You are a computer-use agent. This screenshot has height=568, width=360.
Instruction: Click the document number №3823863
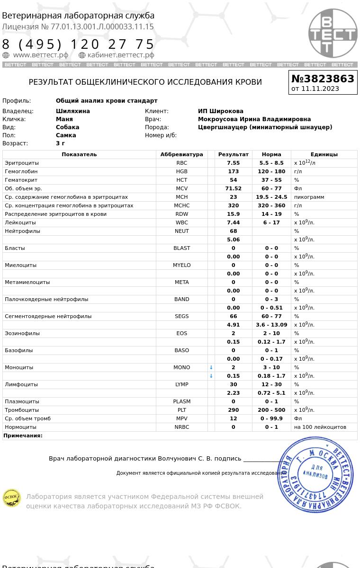(x=323, y=79)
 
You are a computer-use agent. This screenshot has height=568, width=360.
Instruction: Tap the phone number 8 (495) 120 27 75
(x=79, y=44)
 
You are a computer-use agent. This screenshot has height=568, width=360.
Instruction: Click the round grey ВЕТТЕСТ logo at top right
(x=333, y=33)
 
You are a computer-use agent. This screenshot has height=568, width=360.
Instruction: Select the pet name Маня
(x=64, y=119)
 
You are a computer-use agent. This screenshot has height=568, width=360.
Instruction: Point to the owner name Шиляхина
(x=73, y=111)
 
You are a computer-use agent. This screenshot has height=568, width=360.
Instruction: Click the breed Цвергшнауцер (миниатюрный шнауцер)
(x=265, y=127)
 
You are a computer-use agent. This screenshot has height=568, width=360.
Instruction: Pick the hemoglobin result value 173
(x=233, y=171)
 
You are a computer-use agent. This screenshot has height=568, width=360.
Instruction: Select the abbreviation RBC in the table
(x=181, y=163)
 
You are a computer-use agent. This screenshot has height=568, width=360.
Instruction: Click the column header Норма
(x=271, y=154)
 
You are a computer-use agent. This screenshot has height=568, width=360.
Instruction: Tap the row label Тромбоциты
(x=22, y=410)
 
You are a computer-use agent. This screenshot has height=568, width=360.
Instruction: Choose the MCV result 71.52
(x=233, y=188)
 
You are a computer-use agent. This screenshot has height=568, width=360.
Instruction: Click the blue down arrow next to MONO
(x=211, y=367)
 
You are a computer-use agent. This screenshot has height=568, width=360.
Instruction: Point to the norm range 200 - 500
(x=271, y=410)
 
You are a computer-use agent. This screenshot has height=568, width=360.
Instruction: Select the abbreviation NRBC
(x=181, y=427)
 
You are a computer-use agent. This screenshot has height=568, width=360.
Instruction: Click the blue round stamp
(x=315, y=474)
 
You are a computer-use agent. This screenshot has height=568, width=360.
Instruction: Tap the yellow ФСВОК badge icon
(x=12, y=498)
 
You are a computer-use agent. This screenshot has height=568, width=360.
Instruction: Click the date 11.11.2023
(x=320, y=89)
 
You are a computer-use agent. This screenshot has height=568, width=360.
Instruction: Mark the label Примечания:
(x=23, y=435)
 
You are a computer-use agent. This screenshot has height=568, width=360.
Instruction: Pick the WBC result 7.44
(x=233, y=222)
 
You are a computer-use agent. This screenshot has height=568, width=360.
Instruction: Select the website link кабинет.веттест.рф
(x=121, y=55)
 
